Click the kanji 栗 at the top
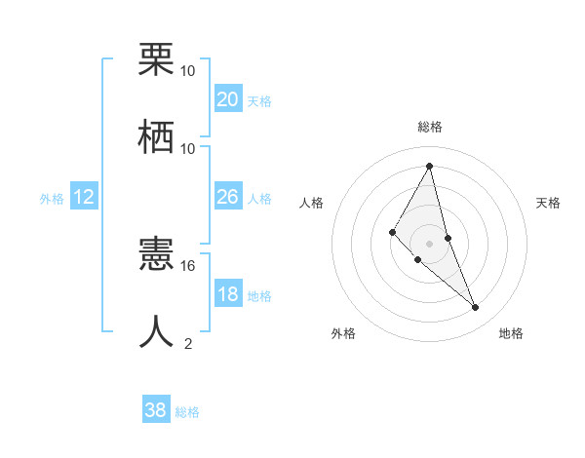[156, 60]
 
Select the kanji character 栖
[156, 136]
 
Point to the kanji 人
[156, 331]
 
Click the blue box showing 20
[227, 99]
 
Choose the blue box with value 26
[227, 197]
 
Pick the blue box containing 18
[227, 294]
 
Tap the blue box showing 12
[83, 197]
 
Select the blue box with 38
[155, 410]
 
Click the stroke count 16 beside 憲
[188, 265]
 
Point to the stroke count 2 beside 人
[188, 343]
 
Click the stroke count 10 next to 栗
[188, 71]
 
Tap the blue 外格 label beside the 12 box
[52, 198]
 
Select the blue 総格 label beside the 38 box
[187, 411]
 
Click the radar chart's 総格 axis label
[429, 127]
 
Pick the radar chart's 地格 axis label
[511, 333]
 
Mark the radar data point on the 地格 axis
[476, 308]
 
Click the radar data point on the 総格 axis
[429, 166]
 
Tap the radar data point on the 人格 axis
[392, 231]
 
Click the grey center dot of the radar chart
[429, 243]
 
